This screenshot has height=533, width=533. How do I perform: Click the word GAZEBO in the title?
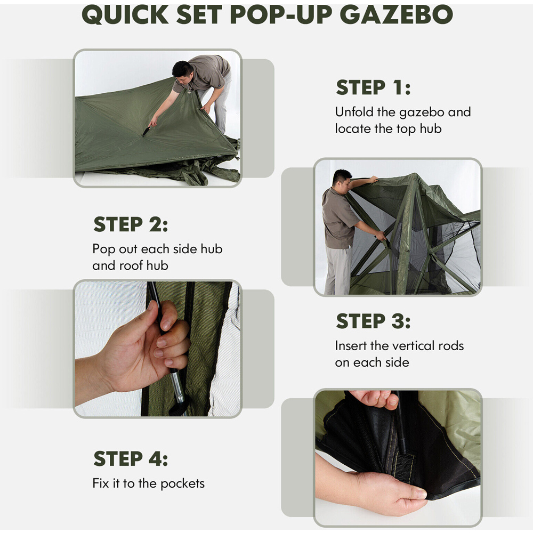coord(397,14)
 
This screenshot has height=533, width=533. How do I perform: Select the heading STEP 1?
coord(373,87)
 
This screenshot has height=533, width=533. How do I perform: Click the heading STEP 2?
coord(131,224)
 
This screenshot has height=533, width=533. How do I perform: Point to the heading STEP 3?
coord(373,321)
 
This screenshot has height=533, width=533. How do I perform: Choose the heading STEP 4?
coord(131,458)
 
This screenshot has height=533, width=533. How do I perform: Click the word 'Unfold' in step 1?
coord(354,112)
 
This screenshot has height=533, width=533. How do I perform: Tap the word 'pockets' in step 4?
coord(182,484)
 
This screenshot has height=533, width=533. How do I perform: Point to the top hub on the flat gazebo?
coord(146,132)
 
